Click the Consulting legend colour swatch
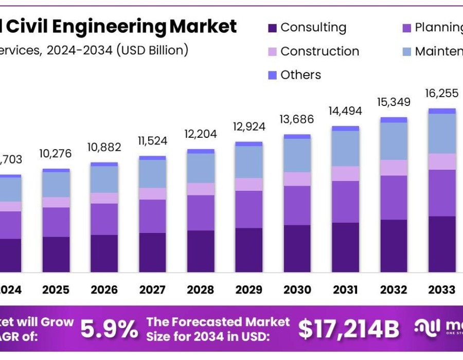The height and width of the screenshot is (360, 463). tap(272, 28)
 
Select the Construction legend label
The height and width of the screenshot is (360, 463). tap(319, 51)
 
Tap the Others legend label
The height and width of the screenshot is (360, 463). tap(300, 75)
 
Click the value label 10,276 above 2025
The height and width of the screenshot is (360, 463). tap(56, 154)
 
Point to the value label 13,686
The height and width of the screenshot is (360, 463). tap(297, 120)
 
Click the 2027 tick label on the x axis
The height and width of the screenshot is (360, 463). tap(152, 290)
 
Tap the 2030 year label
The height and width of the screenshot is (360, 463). tap(297, 290)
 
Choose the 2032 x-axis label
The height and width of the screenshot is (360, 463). tap(394, 290)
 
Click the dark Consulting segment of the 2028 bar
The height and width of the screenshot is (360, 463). tap(201, 251)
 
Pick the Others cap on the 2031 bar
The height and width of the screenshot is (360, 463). tap(346, 129)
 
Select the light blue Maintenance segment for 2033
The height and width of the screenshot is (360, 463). tap(442, 134)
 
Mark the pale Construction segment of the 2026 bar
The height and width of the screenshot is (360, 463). tap(104, 198)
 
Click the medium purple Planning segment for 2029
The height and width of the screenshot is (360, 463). tap(249, 209)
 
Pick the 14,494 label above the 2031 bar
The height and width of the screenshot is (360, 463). tap(346, 111)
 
